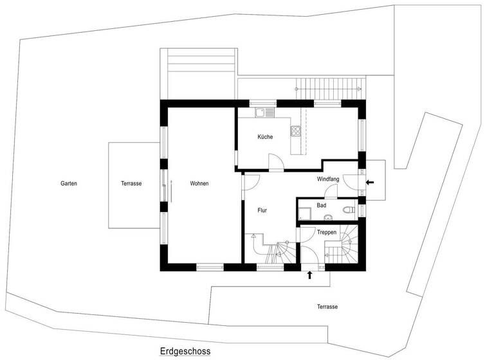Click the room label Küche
(x=265, y=137)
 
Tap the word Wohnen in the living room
(x=199, y=184)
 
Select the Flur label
(x=262, y=210)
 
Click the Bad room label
(x=321, y=206)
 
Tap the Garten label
(x=69, y=184)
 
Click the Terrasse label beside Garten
(x=131, y=184)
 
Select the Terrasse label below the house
(x=327, y=307)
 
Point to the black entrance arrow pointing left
(x=369, y=183)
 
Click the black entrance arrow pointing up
(x=310, y=275)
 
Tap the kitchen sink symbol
(x=263, y=113)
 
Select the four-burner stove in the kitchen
(x=297, y=132)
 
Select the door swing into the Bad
(x=332, y=190)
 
